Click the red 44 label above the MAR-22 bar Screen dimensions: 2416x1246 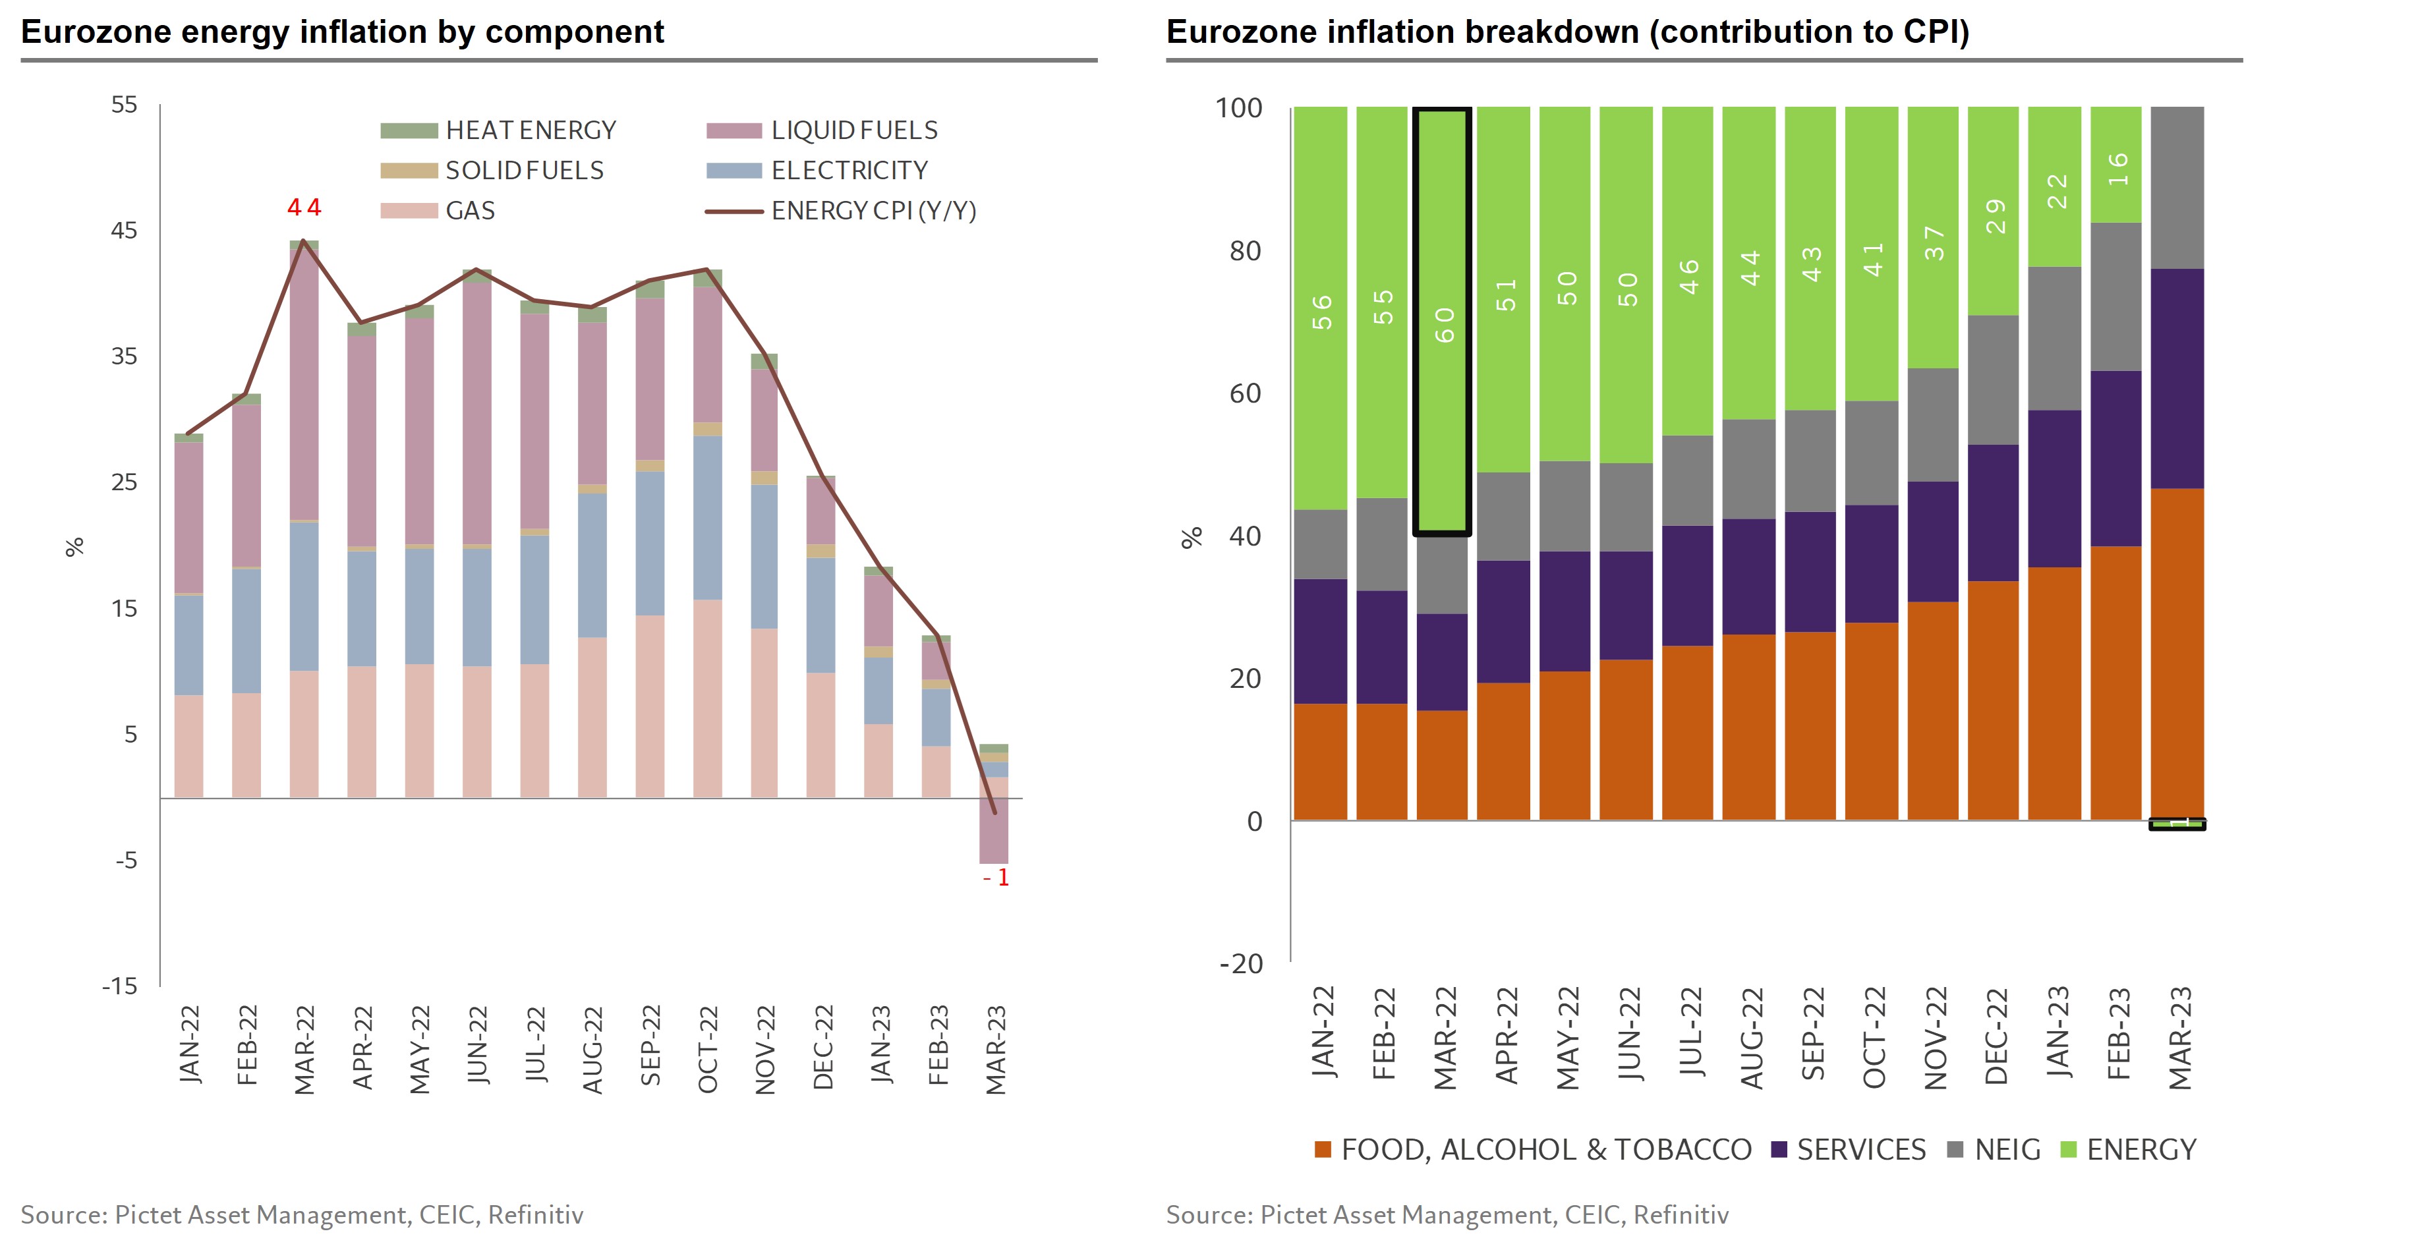[304, 207]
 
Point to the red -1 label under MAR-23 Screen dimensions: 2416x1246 [996, 878]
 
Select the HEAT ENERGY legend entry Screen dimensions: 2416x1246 [498, 130]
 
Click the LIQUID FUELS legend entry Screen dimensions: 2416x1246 [822, 130]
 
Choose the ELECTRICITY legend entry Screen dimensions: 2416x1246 [817, 171]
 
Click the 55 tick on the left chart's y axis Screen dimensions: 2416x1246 [124, 104]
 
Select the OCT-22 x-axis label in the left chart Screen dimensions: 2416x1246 [708, 1049]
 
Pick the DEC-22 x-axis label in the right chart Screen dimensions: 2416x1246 [1996, 1036]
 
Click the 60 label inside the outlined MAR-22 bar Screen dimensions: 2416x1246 [1445, 324]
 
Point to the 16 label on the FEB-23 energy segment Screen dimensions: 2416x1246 [2117, 169]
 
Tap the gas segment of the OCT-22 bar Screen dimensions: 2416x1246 [708, 698]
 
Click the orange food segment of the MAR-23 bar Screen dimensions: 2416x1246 [2177, 654]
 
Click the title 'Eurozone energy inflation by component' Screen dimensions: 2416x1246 [342, 32]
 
